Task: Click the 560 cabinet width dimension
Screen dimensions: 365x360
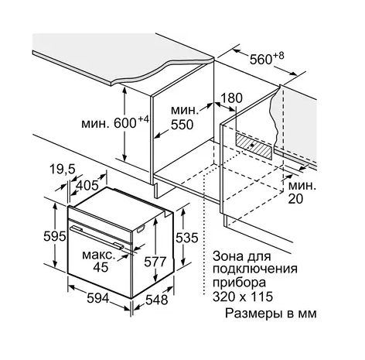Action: point(267,59)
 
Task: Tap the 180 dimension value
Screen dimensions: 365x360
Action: point(232,98)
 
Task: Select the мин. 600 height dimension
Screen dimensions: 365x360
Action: point(115,122)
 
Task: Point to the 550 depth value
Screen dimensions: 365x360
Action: point(182,125)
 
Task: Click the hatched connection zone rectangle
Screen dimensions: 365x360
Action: point(253,146)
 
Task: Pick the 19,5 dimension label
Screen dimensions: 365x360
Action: point(62,170)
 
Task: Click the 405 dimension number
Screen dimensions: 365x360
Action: point(87,185)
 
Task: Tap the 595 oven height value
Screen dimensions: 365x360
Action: point(55,236)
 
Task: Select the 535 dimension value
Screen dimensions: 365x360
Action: point(187,238)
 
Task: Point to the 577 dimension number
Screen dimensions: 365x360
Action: point(155,262)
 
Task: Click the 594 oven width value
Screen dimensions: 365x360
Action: point(98,298)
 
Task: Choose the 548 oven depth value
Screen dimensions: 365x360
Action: point(157,300)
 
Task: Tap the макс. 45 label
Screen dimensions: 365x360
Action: point(98,261)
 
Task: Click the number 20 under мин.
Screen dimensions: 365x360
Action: point(295,199)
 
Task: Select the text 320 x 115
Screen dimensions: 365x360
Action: point(243,297)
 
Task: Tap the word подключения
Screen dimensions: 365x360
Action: point(255,269)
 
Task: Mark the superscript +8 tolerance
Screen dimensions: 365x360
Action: point(278,55)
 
